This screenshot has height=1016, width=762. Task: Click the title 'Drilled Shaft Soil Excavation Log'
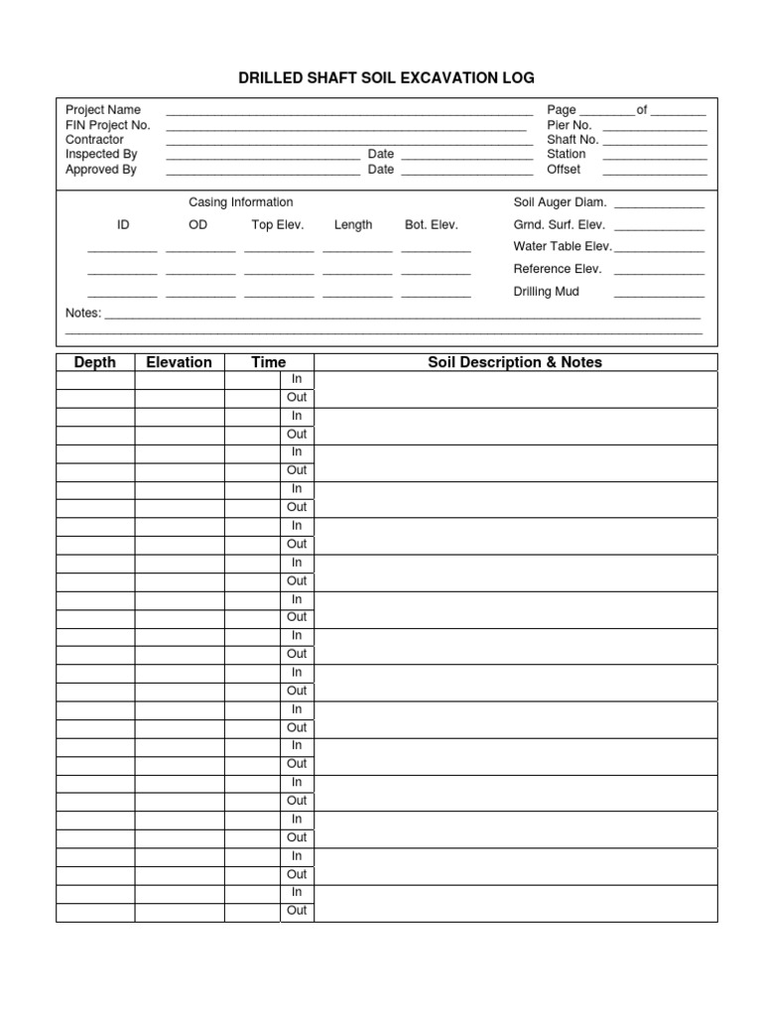pyautogui.click(x=386, y=77)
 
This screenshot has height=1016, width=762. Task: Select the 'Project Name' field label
pyautogui.click(x=103, y=110)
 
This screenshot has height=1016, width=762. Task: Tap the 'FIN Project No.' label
pyautogui.click(x=108, y=125)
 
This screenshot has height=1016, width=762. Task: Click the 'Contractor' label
pyautogui.click(x=94, y=140)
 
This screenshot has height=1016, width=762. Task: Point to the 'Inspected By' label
pyautogui.click(x=101, y=155)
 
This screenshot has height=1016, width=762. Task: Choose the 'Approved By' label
pyautogui.click(x=101, y=170)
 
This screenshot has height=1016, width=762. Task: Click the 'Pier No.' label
pyautogui.click(x=570, y=125)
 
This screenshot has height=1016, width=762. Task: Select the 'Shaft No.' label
pyautogui.click(x=572, y=140)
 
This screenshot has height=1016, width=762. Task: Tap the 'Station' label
pyautogui.click(x=567, y=155)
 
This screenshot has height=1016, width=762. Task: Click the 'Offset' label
pyautogui.click(x=564, y=170)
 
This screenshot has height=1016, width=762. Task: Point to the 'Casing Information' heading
pyautogui.click(x=241, y=202)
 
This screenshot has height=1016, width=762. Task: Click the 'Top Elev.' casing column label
pyautogui.click(x=278, y=225)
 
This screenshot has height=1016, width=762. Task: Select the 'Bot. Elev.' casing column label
pyautogui.click(x=432, y=225)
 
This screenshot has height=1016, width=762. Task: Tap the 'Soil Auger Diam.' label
pyautogui.click(x=560, y=202)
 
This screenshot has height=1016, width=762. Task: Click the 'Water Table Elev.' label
pyautogui.click(x=562, y=247)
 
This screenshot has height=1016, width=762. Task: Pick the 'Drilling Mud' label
pyautogui.click(x=547, y=292)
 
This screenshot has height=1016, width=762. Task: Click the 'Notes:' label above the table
pyautogui.click(x=83, y=314)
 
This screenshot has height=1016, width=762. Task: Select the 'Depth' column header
pyautogui.click(x=95, y=362)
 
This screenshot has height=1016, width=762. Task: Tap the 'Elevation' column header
pyautogui.click(x=179, y=362)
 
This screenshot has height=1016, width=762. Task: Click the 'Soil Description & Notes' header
pyautogui.click(x=515, y=362)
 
